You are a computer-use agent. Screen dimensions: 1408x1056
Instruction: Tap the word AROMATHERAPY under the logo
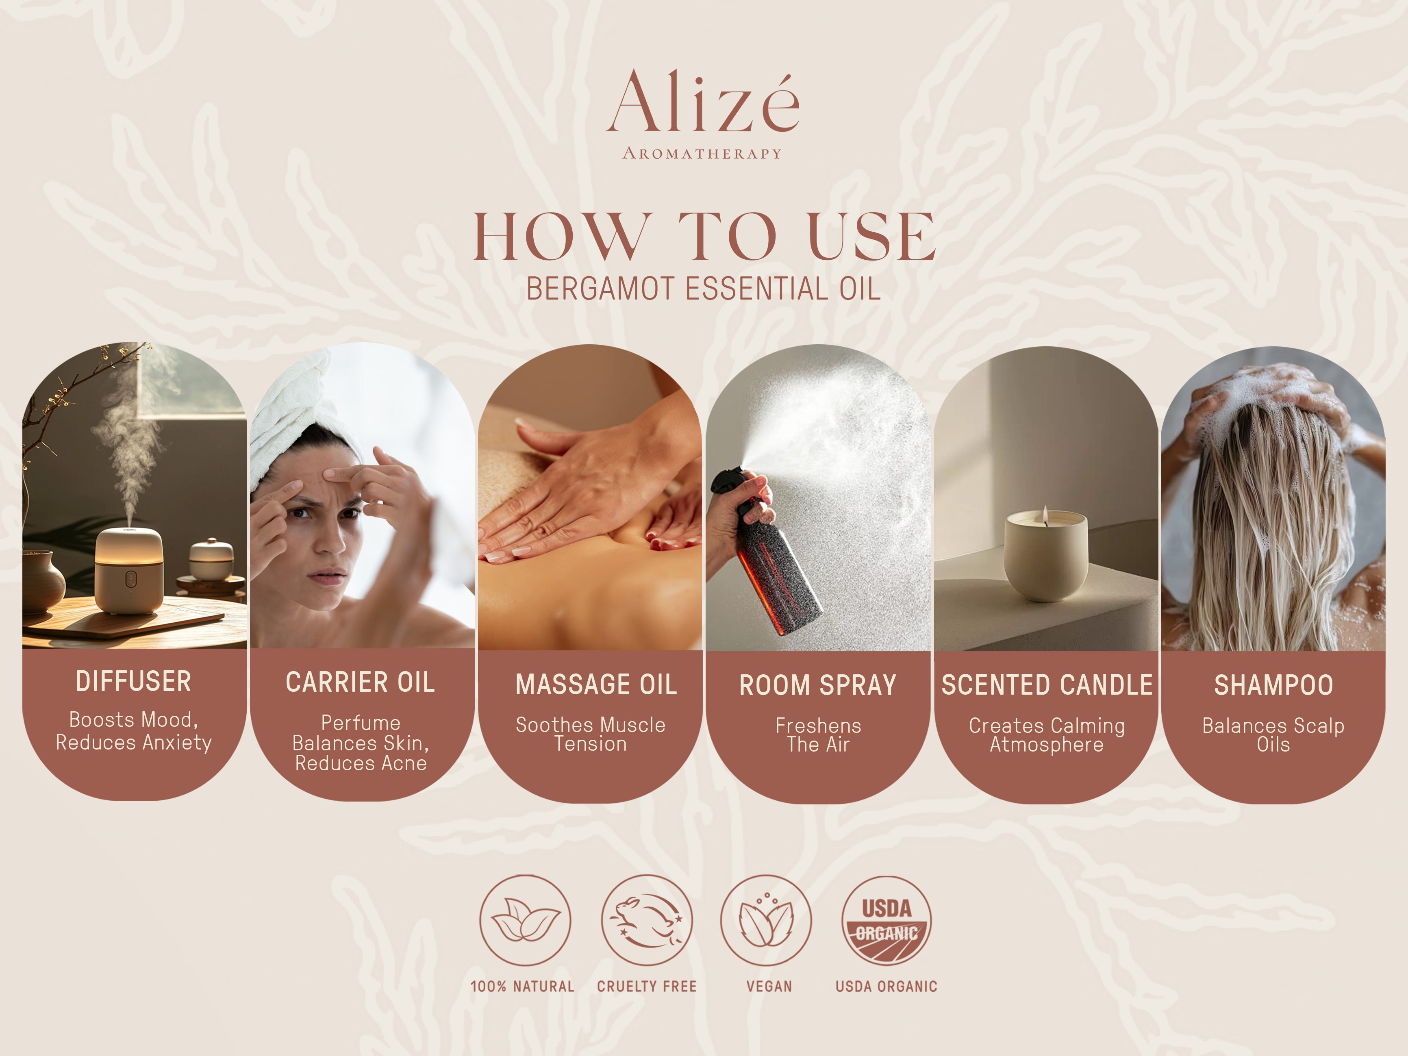(702, 153)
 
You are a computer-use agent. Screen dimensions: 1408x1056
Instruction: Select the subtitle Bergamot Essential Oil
(703, 289)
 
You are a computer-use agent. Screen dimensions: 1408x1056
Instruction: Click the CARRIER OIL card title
(360, 682)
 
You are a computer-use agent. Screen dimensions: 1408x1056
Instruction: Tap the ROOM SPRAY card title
(818, 686)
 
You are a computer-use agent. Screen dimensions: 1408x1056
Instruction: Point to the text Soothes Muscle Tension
(591, 734)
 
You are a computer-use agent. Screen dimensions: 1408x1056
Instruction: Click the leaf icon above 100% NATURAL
(525, 920)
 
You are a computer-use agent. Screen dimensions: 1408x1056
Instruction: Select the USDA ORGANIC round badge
(887, 920)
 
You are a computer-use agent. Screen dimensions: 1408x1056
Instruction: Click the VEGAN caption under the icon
(769, 986)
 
